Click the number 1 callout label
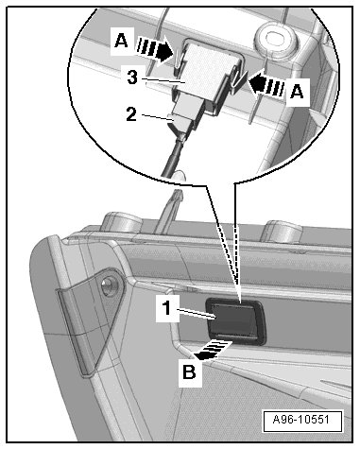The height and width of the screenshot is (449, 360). (167, 308)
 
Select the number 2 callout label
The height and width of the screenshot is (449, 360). (131, 114)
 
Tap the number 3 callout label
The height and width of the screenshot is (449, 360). (132, 77)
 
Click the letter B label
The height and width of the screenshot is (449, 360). (189, 371)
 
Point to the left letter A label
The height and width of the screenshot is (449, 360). (121, 41)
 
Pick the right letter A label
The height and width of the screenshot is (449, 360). (297, 92)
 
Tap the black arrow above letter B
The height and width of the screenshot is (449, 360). (213, 351)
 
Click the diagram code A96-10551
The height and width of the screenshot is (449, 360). (301, 420)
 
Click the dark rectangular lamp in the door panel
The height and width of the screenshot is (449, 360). (235, 321)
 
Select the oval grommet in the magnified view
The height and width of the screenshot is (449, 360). (276, 38)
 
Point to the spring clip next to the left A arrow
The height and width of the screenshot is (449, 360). (178, 60)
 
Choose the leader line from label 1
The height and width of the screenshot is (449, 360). (195, 315)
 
